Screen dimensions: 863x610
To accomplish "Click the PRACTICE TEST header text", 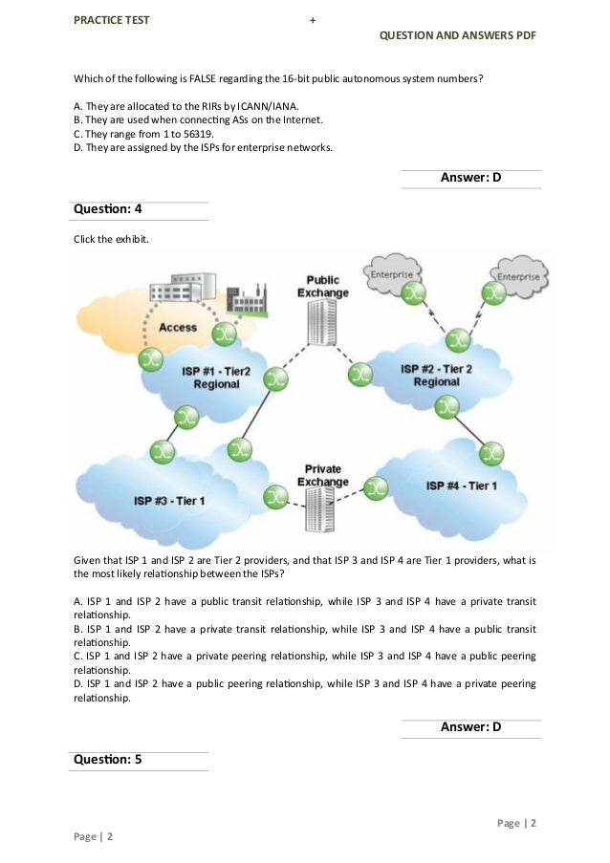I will (x=111, y=19).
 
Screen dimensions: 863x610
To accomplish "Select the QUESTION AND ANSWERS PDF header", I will (x=457, y=35).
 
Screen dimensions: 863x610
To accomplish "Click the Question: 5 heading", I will (x=107, y=760).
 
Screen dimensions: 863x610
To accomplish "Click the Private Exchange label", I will (x=322, y=475).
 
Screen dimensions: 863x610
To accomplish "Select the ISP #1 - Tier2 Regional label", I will (x=216, y=377).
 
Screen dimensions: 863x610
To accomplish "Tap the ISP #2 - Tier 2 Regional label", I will (x=436, y=375).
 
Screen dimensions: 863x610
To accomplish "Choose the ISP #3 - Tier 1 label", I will (x=169, y=501).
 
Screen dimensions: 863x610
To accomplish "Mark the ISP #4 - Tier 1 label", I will (x=461, y=486).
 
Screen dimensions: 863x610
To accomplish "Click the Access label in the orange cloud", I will (x=178, y=327).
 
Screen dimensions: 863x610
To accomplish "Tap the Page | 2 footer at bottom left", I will (x=94, y=836).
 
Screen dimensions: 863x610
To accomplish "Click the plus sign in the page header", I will (x=313, y=20).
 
